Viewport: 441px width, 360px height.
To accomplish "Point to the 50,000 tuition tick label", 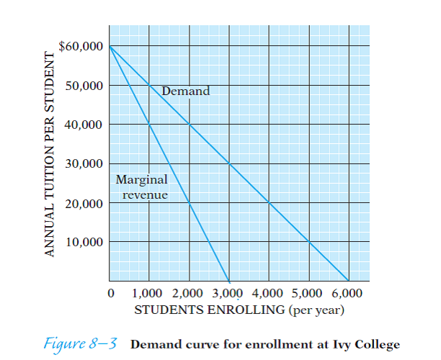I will [85, 86].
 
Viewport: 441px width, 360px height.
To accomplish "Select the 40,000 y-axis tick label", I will [85, 125].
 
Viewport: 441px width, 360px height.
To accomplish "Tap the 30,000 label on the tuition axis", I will [85, 163].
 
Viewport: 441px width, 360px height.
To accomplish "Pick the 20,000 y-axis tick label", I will [85, 203].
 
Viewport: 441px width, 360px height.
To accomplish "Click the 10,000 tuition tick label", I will [85, 242].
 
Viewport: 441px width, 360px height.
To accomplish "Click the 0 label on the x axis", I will [110, 294].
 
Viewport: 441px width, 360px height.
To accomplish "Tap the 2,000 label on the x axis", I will [190, 294].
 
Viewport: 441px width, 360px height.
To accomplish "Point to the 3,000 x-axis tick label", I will [229, 294].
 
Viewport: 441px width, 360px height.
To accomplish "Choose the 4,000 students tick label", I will [269, 294].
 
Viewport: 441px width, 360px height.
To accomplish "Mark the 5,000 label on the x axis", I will [308, 294].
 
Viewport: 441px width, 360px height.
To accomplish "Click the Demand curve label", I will [186, 91].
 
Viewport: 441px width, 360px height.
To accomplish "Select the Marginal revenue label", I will [141, 186].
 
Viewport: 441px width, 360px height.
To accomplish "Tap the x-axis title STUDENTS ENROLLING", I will [209, 311].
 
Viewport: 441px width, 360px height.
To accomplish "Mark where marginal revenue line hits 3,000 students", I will [229, 281].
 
